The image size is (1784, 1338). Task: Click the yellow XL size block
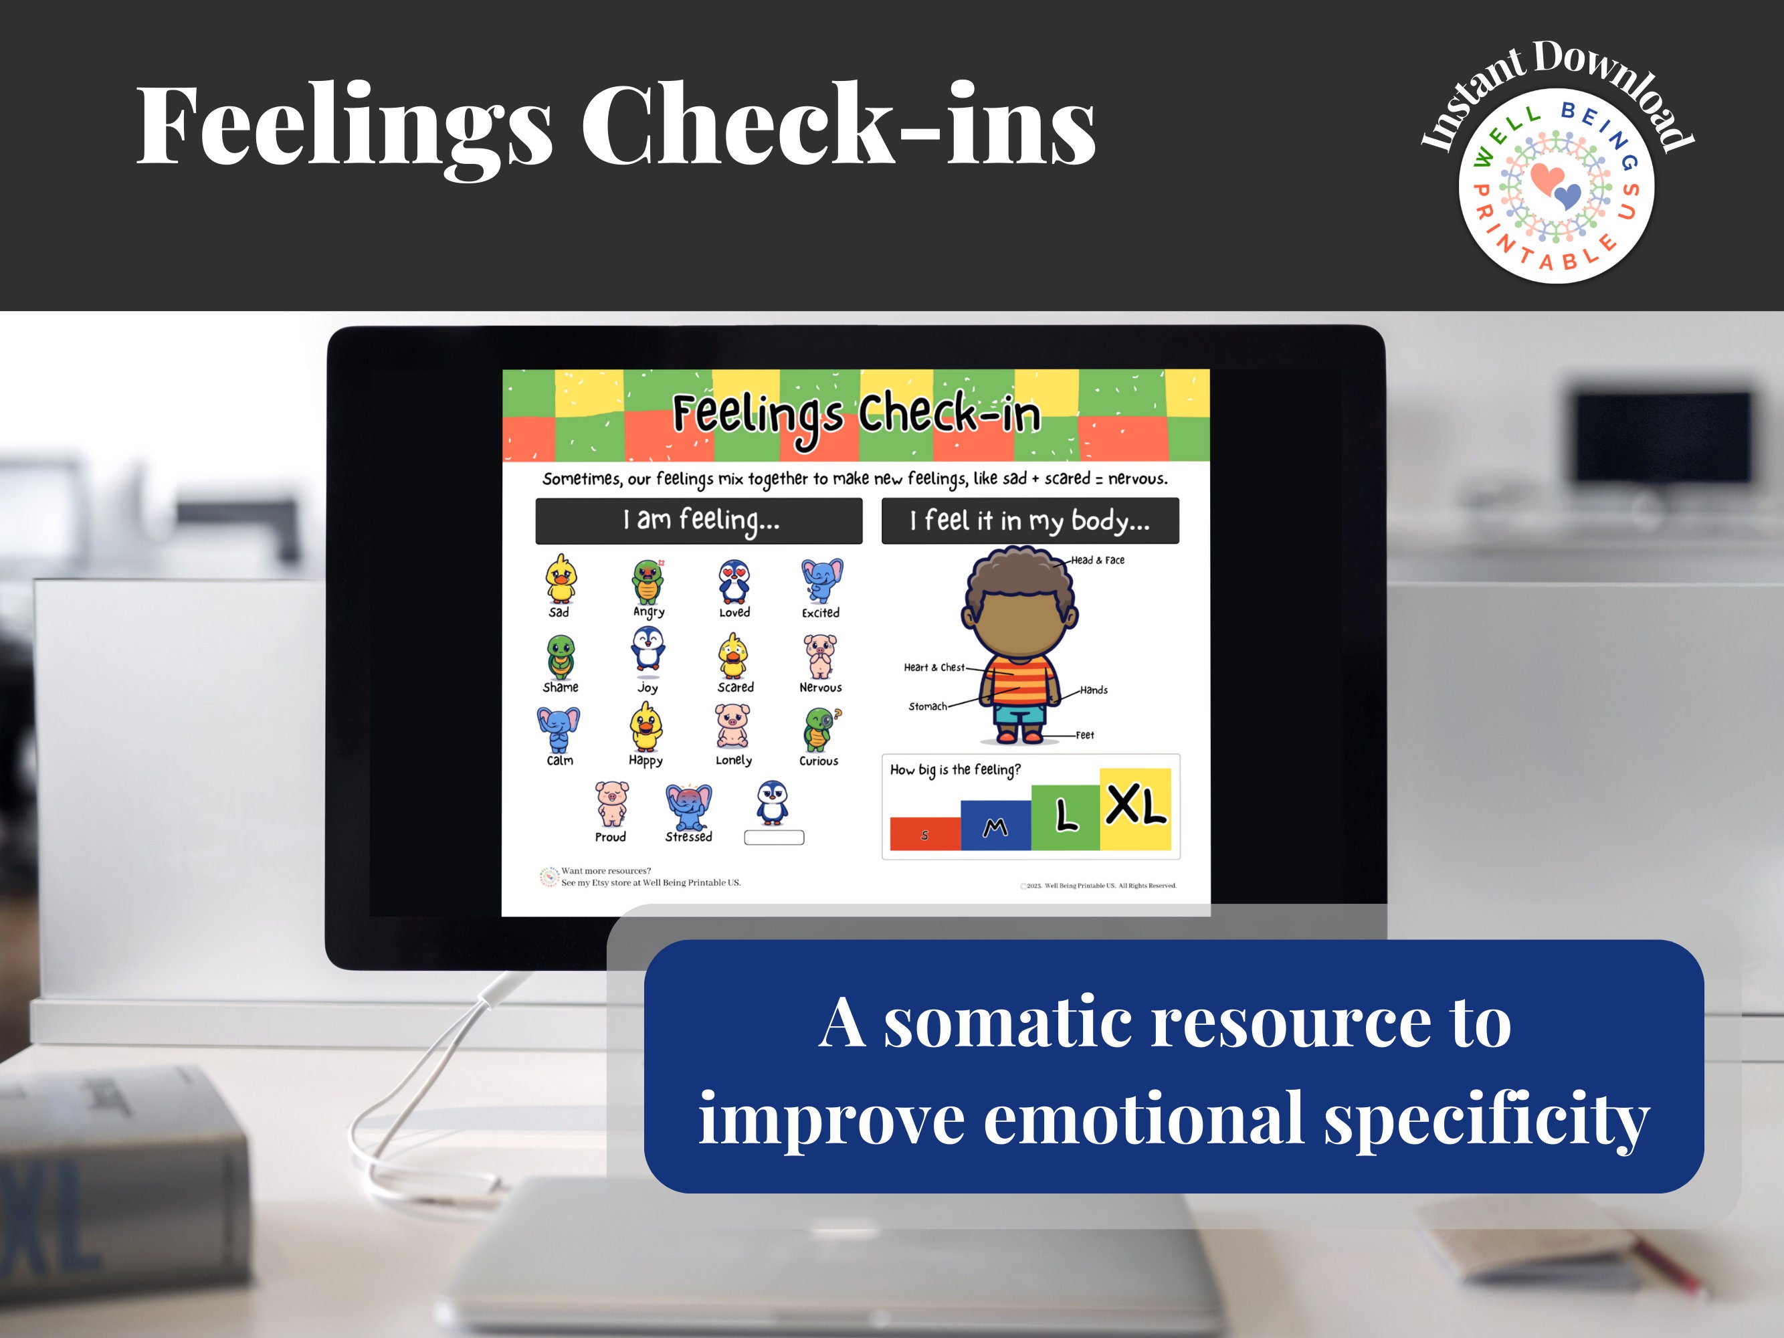pyautogui.click(x=1134, y=808)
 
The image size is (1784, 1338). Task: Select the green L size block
pyautogui.click(x=1066, y=818)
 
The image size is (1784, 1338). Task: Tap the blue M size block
pyautogui.click(x=996, y=826)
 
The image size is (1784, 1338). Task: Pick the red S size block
pyautogui.click(x=925, y=834)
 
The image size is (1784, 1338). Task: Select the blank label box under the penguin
pyautogui.click(x=773, y=838)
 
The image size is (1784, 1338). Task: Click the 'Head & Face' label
pyautogui.click(x=1098, y=561)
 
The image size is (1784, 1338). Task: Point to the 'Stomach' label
pyautogui.click(x=928, y=706)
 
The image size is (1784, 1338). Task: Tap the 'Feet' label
pyautogui.click(x=1085, y=735)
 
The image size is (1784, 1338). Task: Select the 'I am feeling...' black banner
pyautogui.click(x=698, y=521)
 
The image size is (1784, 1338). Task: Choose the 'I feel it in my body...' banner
pyautogui.click(x=1030, y=521)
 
